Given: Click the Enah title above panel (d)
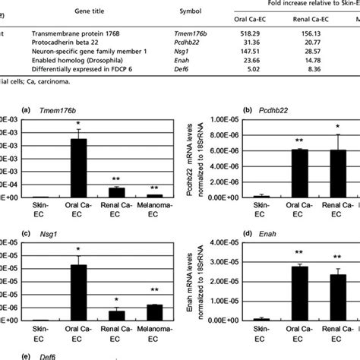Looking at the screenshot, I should (278, 237).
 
